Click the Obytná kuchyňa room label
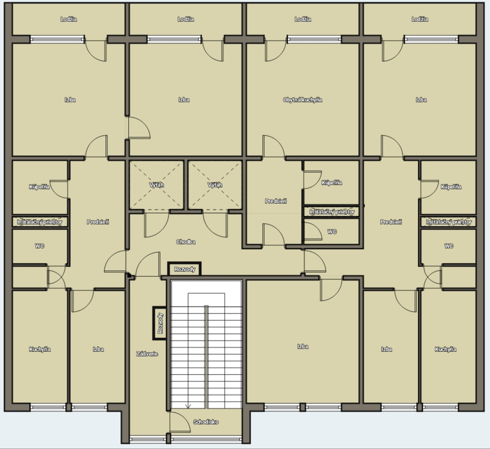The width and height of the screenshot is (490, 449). [303, 100]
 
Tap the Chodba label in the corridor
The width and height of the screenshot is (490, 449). [186, 242]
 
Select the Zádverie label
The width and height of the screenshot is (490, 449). [147, 354]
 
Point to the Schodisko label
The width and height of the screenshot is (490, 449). [206, 422]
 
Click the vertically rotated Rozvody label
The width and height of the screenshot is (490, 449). [160, 323]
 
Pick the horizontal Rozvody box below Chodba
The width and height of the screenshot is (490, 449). [184, 269]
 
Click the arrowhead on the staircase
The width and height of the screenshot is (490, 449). [188, 406]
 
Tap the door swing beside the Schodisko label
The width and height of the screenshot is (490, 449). [180, 422]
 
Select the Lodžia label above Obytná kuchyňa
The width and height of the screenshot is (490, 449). [303, 19]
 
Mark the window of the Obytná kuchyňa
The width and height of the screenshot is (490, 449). [314, 39]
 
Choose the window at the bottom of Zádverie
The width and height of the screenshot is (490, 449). [148, 439]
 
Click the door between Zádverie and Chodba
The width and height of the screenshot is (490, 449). [148, 264]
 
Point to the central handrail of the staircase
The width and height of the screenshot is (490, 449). [206, 357]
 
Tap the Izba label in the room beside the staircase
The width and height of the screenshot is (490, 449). [303, 346]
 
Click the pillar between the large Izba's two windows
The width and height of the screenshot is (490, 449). [303, 407]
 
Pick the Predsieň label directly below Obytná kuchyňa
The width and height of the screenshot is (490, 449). [276, 201]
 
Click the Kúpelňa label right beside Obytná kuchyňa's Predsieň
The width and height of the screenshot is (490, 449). [332, 182]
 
